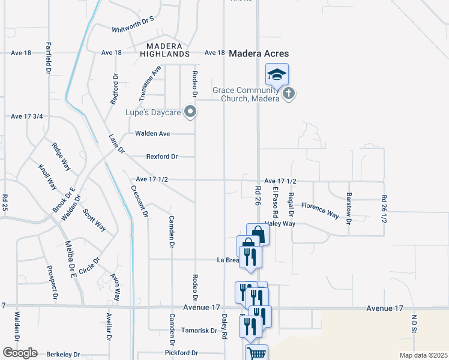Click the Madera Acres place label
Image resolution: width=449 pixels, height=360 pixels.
tap(263, 53)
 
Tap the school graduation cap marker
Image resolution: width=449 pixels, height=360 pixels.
tap(277, 75)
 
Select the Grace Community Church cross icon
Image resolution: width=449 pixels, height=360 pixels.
tap(289, 94)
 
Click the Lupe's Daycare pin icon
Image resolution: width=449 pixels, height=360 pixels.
tap(190, 112)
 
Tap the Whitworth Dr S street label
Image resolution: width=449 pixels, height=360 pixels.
tap(133, 29)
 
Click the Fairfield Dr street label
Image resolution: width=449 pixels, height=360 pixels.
tap(49, 58)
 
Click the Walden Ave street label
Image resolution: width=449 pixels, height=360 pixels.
tap(152, 133)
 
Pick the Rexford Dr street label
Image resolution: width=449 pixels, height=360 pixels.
tap(162, 157)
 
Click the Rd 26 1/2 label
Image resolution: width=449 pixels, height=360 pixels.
tap(384, 209)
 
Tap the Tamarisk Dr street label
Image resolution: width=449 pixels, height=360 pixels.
tap(199, 331)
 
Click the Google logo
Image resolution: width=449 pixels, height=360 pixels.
tap(20, 353)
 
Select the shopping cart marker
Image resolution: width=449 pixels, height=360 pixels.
tap(256, 353)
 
